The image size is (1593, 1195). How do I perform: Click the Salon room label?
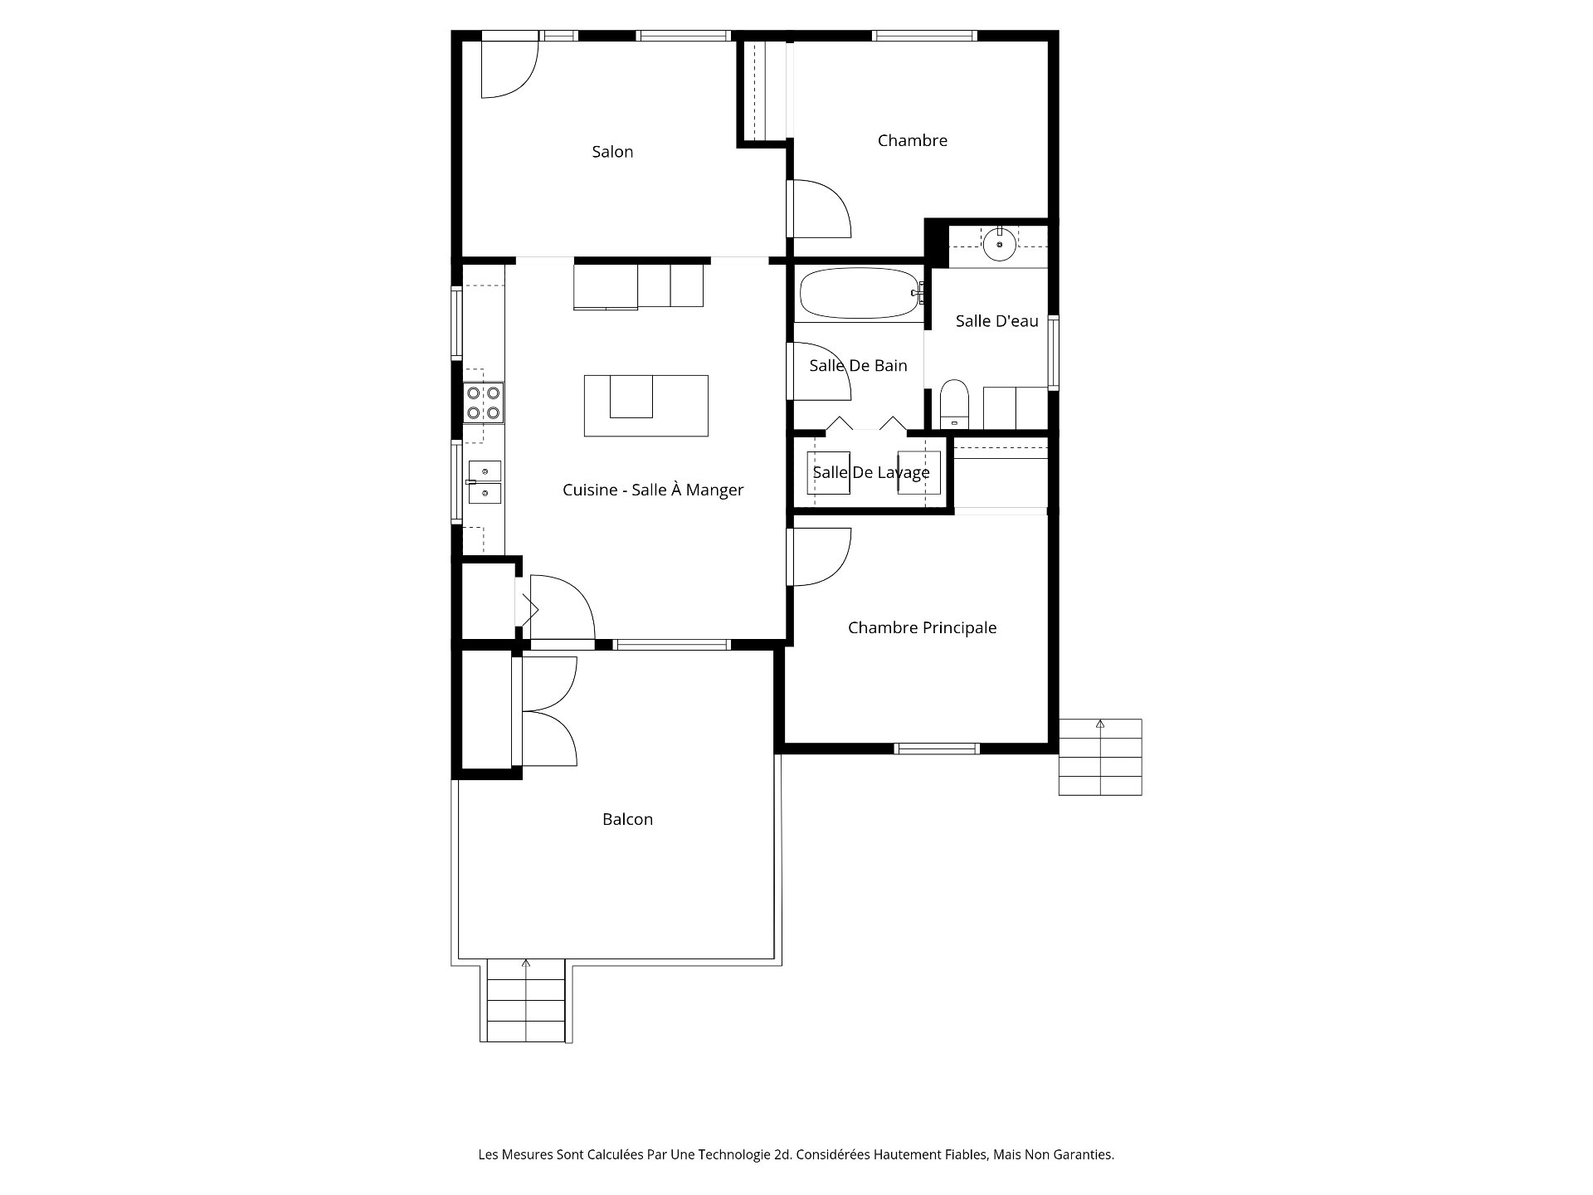click(x=612, y=152)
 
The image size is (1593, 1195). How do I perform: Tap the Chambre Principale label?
click(x=922, y=628)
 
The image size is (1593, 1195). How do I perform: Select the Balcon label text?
click(x=627, y=820)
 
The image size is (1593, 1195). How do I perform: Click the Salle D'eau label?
click(x=996, y=321)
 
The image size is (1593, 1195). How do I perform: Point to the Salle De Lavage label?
click(x=871, y=473)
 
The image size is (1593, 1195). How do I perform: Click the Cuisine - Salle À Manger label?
click(x=653, y=490)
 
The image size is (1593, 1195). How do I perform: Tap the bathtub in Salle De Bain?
click(x=860, y=293)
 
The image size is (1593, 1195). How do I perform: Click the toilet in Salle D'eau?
click(x=954, y=403)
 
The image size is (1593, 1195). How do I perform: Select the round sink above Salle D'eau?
click(x=1000, y=243)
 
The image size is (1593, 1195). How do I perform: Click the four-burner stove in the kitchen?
click(x=484, y=402)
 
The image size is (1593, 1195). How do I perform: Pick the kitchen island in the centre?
click(x=646, y=406)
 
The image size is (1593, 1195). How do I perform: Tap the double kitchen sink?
click(x=485, y=483)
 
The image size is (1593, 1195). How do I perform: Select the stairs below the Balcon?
click(x=526, y=1000)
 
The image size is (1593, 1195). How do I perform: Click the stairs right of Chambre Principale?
click(x=1100, y=757)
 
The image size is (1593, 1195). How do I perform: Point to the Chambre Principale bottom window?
click(x=937, y=749)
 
